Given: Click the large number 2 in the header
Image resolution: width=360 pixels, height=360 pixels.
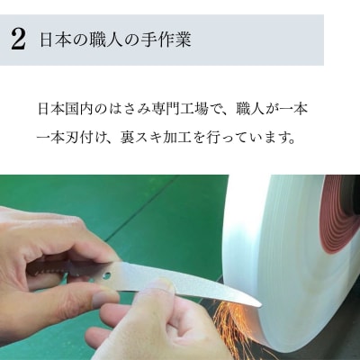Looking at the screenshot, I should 17,39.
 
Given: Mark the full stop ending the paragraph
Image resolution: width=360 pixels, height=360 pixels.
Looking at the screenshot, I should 318,143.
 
